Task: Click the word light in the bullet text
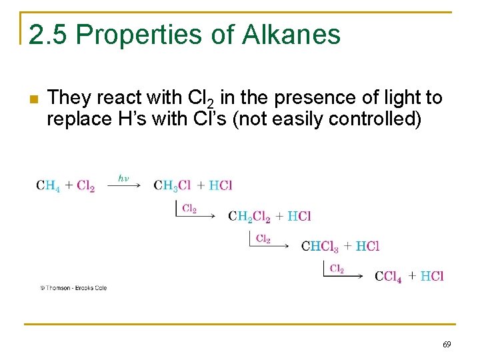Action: coord(387,98)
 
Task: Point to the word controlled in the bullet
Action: coord(384,120)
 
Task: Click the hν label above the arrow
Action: coord(123,178)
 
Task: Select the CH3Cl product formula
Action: coord(171,185)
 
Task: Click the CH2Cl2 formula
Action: coord(249,216)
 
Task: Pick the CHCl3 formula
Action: coord(320,246)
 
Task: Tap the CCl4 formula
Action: coord(388,276)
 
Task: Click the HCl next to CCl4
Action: coord(432,276)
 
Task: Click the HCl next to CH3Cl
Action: coord(220,185)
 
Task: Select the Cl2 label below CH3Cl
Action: coord(189,209)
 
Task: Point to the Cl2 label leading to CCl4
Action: coord(337,269)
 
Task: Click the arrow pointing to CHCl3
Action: coord(273,246)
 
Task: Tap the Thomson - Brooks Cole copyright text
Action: coord(73,288)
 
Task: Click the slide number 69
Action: coord(447,345)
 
